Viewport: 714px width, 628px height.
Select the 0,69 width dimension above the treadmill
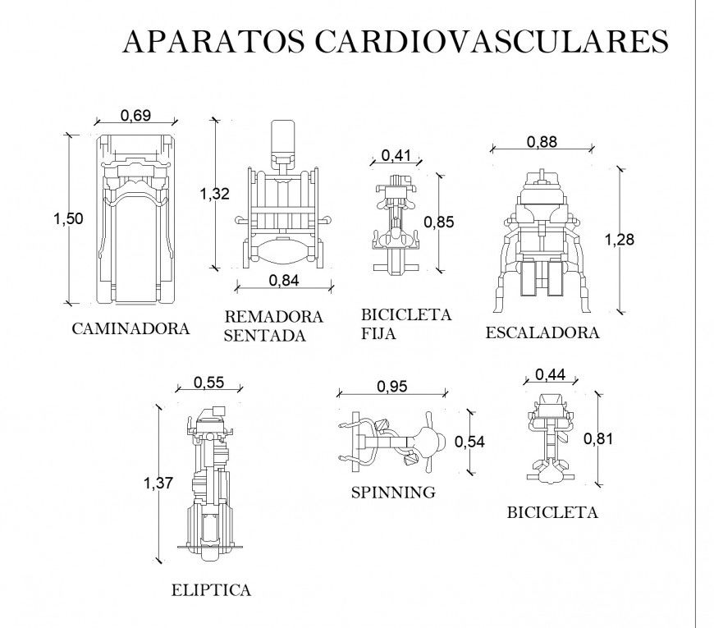point(135,116)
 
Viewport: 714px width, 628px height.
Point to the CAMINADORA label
point(130,329)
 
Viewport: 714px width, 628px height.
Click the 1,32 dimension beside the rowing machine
point(214,194)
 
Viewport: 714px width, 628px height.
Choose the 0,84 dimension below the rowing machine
point(284,280)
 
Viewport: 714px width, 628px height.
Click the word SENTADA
point(264,336)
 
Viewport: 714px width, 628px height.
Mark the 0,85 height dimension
point(438,221)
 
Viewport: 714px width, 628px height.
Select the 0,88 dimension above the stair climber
point(542,142)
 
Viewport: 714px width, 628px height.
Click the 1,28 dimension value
point(620,240)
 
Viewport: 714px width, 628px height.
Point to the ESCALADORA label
point(542,332)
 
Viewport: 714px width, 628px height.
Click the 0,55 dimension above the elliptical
point(208,382)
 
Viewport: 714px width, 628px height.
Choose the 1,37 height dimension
point(158,484)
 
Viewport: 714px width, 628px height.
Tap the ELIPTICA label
point(211,589)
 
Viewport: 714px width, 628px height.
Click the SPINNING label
point(393,493)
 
